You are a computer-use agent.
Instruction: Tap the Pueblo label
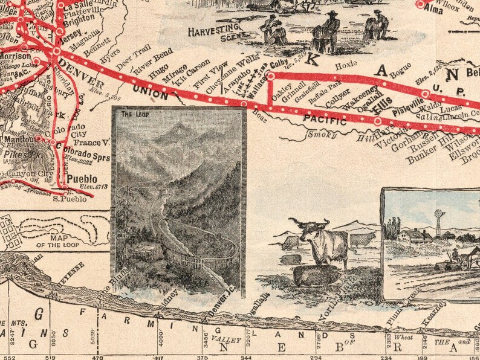point(82,179)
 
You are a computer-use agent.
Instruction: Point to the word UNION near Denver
point(150,92)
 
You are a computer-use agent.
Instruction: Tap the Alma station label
point(434,10)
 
